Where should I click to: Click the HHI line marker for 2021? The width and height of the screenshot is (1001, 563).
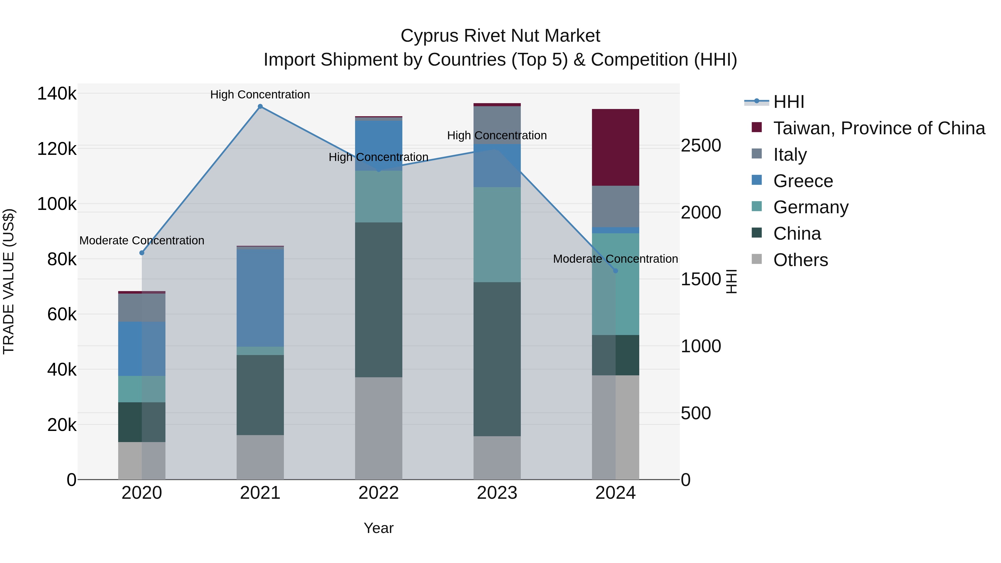[x=260, y=106]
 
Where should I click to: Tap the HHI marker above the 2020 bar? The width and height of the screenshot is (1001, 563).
[x=142, y=253]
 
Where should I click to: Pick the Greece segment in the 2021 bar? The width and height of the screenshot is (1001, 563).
[x=260, y=297]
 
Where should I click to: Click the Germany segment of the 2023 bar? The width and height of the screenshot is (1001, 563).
[x=497, y=235]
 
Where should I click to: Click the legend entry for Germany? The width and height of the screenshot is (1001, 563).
[x=811, y=207]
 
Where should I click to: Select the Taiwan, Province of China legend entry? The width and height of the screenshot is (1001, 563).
[x=879, y=128]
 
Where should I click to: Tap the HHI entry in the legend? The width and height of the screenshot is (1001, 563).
[x=789, y=102]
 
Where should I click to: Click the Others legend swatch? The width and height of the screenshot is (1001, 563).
[x=757, y=259]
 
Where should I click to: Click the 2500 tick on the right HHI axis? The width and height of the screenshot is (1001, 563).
[x=701, y=146]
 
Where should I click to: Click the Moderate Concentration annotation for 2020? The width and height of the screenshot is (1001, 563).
[x=142, y=240]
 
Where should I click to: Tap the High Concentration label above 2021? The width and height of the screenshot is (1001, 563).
[x=260, y=95]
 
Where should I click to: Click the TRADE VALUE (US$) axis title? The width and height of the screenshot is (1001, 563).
[x=9, y=281]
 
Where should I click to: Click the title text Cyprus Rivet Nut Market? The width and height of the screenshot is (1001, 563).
[x=500, y=36]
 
